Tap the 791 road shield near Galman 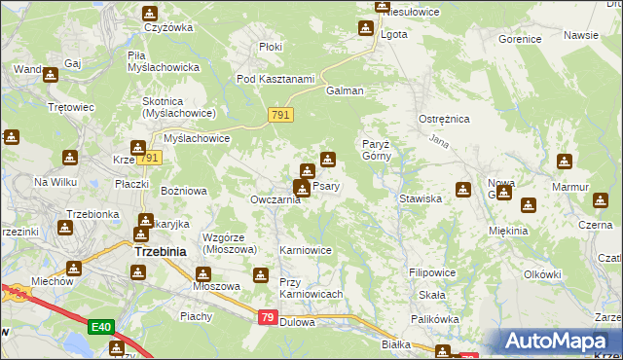280,116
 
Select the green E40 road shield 98,327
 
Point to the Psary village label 326,186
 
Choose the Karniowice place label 306,250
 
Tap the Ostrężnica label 445,119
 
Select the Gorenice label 519,40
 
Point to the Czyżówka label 166,28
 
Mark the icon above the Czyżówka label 150,13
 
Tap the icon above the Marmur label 565,161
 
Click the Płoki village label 271,46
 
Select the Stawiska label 421,198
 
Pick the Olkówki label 543,275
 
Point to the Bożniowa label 183,192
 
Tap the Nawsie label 580,35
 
